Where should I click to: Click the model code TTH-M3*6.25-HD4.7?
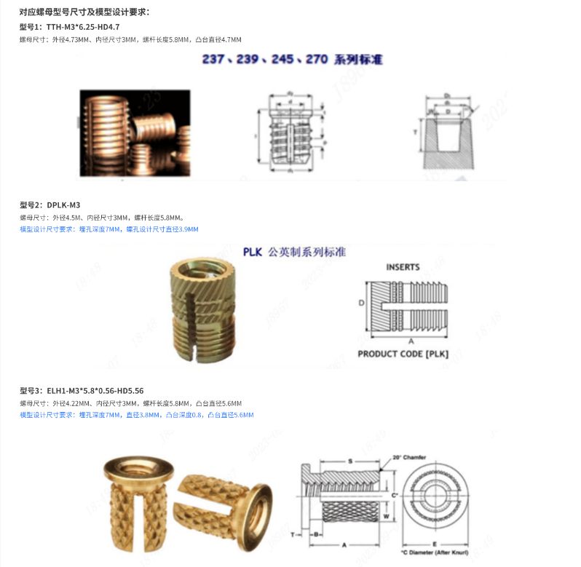[x=83, y=27]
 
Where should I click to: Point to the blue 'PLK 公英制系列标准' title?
[x=294, y=252]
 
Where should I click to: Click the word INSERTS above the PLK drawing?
[x=403, y=267]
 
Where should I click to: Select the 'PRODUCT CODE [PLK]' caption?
[x=403, y=354]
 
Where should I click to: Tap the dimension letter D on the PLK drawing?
[x=361, y=301]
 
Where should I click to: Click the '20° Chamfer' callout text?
[x=408, y=457]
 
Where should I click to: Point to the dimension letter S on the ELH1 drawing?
[x=349, y=461]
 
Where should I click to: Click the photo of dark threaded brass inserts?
[x=135, y=133]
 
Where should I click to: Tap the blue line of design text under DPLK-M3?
[x=108, y=229]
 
